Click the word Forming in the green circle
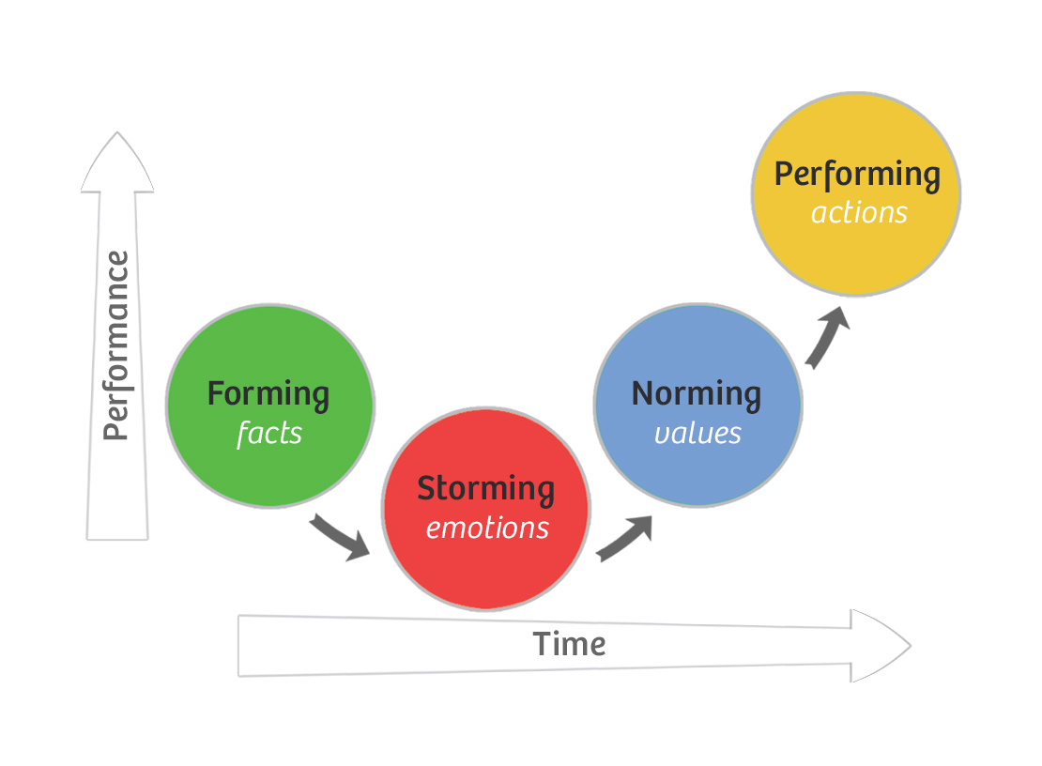click(268, 393)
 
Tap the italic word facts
click(269, 433)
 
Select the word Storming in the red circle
click(485, 488)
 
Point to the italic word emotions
click(486, 528)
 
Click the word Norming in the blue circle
click(696, 393)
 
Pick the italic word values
click(697, 433)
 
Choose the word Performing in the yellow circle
click(856, 175)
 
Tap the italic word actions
click(859, 213)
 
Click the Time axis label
click(569, 644)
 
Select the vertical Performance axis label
click(116, 345)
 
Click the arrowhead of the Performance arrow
click(117, 164)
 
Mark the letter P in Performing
click(784, 174)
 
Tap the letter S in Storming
click(427, 488)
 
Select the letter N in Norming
click(643, 393)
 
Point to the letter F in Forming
click(215, 393)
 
